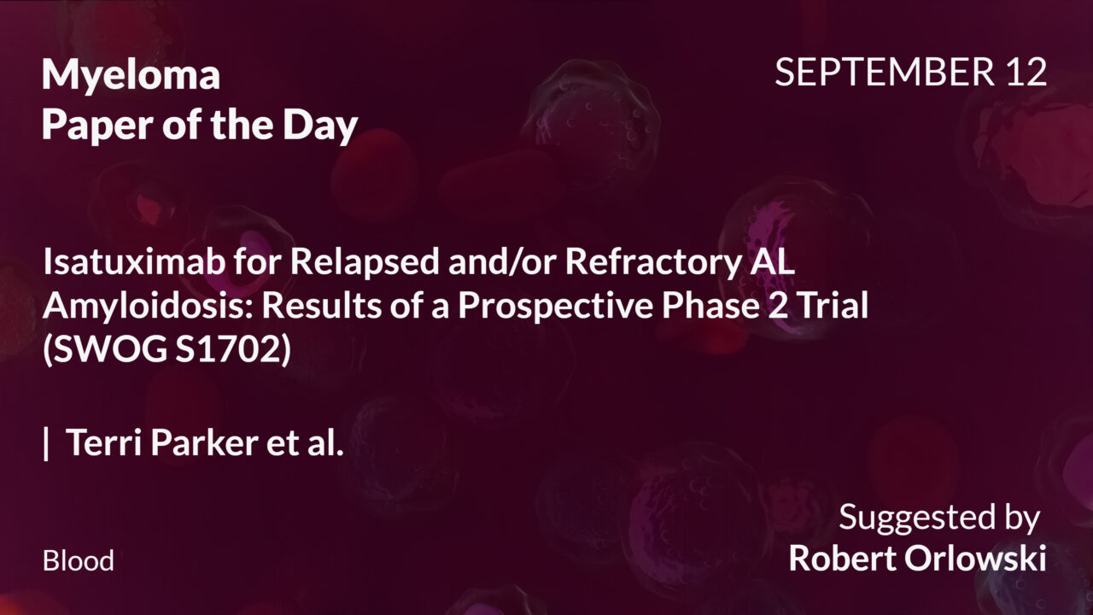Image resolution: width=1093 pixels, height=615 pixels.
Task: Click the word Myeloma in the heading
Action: pos(131,77)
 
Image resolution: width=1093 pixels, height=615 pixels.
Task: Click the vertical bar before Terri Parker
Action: pos(46,444)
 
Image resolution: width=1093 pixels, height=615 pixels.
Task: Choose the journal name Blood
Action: pos(78,561)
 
